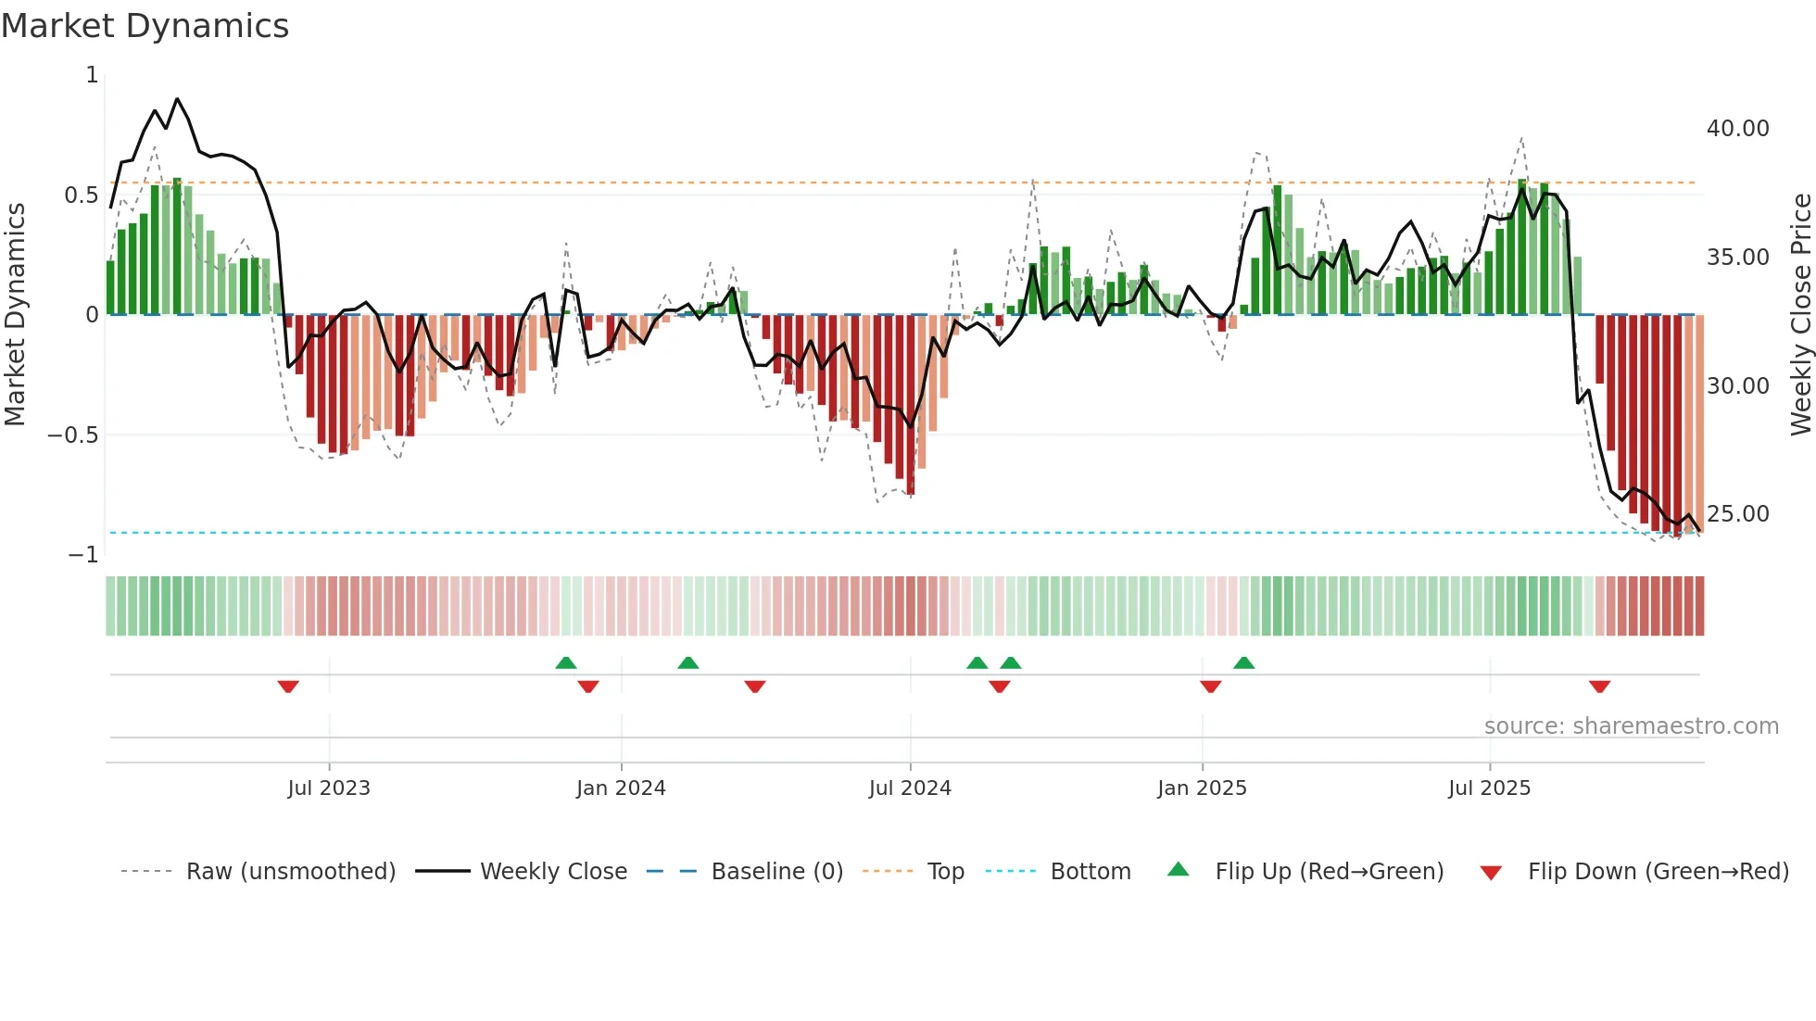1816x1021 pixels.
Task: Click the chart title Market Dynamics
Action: pyautogui.click(x=145, y=26)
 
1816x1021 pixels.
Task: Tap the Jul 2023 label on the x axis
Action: pyautogui.click(x=329, y=788)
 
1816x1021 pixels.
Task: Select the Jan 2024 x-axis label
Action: pyautogui.click(x=621, y=788)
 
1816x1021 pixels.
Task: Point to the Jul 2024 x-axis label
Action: pyautogui.click(x=910, y=788)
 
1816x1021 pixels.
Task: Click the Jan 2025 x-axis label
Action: pyautogui.click(x=1202, y=788)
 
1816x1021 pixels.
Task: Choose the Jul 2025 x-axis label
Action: pyautogui.click(x=1490, y=788)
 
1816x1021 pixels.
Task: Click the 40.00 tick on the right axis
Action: pyautogui.click(x=1737, y=129)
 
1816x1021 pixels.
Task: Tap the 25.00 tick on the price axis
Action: pyautogui.click(x=1737, y=514)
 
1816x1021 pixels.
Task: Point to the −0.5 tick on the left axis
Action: pyautogui.click(x=72, y=435)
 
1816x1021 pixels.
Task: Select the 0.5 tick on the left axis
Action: pyautogui.click(x=81, y=195)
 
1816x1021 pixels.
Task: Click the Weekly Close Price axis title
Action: pyautogui.click(x=1800, y=314)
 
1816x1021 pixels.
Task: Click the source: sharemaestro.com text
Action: pyautogui.click(x=1631, y=726)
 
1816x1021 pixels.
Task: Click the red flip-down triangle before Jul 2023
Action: pyautogui.click(x=288, y=687)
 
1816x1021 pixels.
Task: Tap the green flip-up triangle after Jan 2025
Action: pyautogui.click(x=1244, y=662)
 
